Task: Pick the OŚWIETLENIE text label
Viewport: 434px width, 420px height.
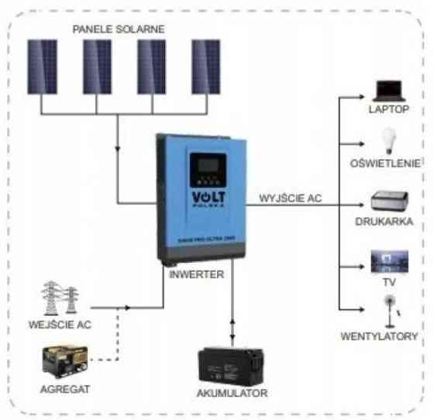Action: [385, 164]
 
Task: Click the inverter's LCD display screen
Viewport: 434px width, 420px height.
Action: [205, 165]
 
